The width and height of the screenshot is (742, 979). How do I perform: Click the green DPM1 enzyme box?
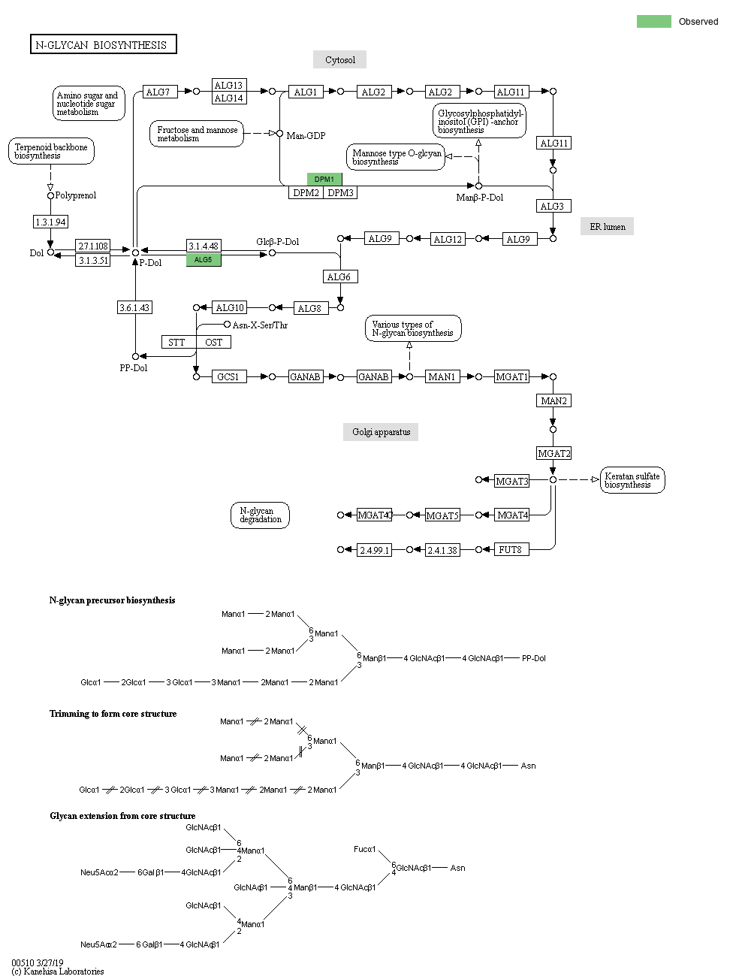tap(324, 179)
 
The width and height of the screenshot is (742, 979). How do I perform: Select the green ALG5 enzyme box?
tap(204, 260)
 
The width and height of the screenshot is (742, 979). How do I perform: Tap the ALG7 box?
tap(158, 92)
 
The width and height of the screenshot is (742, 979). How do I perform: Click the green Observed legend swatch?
tap(653, 21)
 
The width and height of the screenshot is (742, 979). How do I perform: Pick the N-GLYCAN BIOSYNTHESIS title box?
tap(103, 44)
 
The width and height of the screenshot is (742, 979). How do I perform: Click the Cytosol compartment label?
tap(339, 59)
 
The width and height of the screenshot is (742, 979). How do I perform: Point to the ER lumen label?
tap(607, 226)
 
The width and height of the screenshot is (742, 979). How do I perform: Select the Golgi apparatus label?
tap(381, 431)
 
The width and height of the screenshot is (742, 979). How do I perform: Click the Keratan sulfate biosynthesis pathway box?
tap(632, 480)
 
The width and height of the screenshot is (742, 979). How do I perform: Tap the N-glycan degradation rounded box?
tap(260, 515)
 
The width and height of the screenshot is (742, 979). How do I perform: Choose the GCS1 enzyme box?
tap(229, 376)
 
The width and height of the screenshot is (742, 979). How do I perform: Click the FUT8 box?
tap(511, 549)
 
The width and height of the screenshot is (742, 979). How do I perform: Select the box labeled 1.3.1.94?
tap(50, 222)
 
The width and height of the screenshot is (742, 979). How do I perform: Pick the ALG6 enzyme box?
tap(339, 276)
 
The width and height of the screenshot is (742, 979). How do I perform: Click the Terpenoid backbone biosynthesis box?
tap(51, 151)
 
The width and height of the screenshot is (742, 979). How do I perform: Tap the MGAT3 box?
tap(511, 481)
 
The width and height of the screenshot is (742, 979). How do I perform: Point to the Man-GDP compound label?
tap(306, 135)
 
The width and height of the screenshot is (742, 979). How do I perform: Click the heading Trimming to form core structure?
tap(113, 713)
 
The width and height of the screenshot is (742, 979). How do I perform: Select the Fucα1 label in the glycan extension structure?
tap(364, 849)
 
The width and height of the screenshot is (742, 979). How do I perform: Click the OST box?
tap(214, 342)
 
